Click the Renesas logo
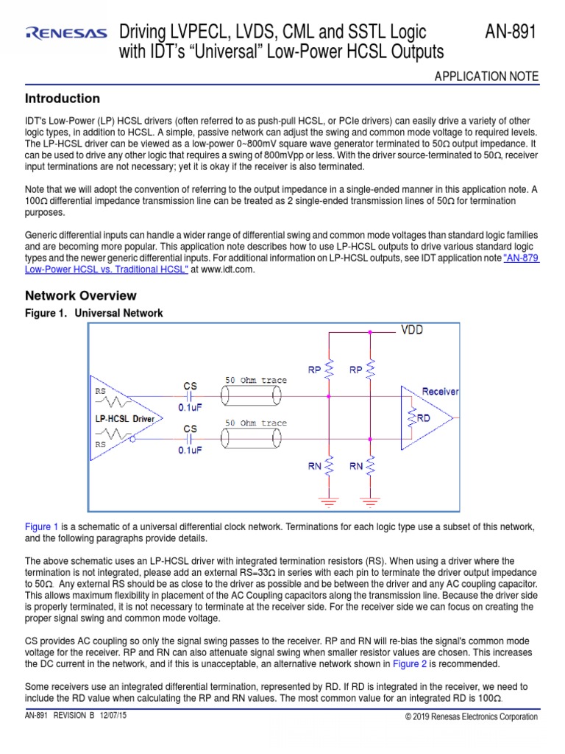pyautogui.click(x=65, y=32)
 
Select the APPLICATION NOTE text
pyautogui.click(x=487, y=77)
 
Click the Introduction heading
pyautogui.click(x=63, y=99)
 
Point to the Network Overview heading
pyautogui.click(x=81, y=296)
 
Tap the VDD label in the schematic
pyautogui.click(x=412, y=330)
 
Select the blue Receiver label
pyautogui.click(x=441, y=391)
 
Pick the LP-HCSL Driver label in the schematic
pyautogui.click(x=124, y=419)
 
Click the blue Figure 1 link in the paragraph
pyautogui.click(x=42, y=527)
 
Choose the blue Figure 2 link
pyautogui.click(x=410, y=663)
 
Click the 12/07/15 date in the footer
pyautogui.click(x=112, y=716)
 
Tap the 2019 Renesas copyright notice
pyautogui.click(x=472, y=717)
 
